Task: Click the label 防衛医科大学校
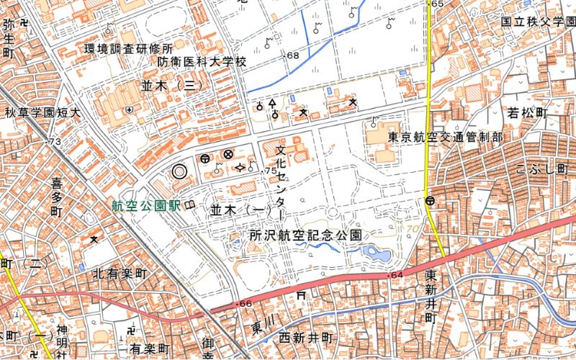[202, 62]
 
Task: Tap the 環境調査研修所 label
[129, 49]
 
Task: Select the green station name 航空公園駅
[145, 206]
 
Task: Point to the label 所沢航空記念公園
[305, 235]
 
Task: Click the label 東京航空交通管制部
[445, 137]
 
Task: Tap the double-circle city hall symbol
[179, 171]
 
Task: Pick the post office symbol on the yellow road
[430, 201]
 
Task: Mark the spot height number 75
[271, 171]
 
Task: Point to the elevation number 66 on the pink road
[245, 305]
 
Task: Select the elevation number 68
[292, 55]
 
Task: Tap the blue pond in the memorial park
[375, 253]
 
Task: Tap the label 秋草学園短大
[43, 113]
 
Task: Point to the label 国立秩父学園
[536, 23]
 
